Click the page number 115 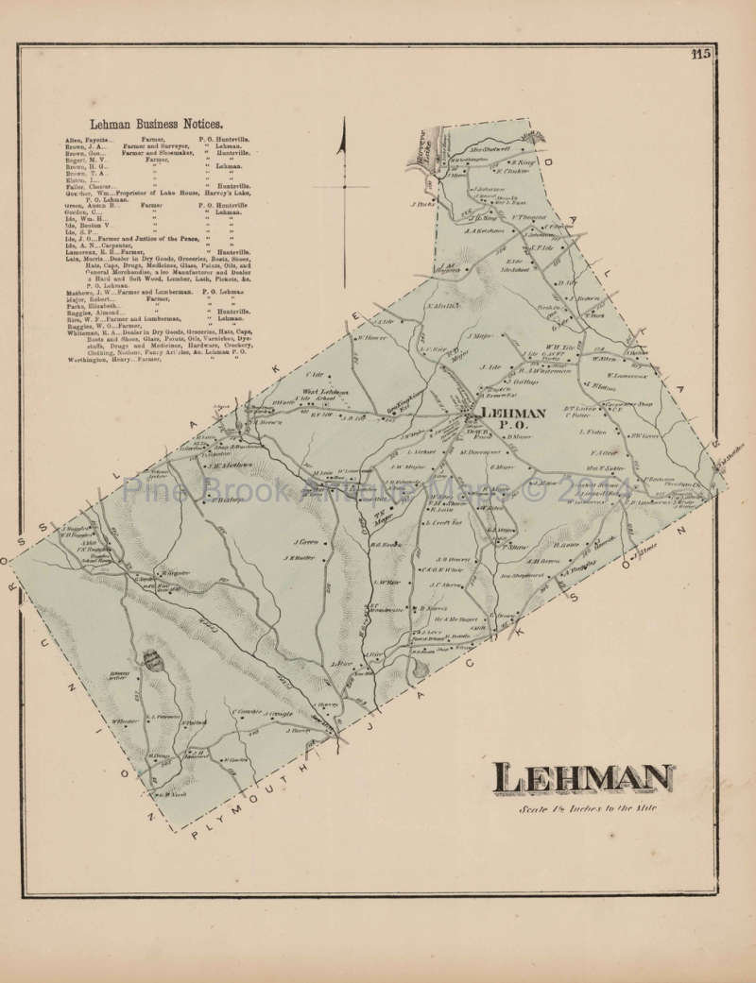(700, 55)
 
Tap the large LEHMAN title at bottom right (582, 779)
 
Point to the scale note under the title (587, 809)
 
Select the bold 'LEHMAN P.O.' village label (513, 420)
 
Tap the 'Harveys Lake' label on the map (424, 152)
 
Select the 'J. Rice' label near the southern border (340, 664)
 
